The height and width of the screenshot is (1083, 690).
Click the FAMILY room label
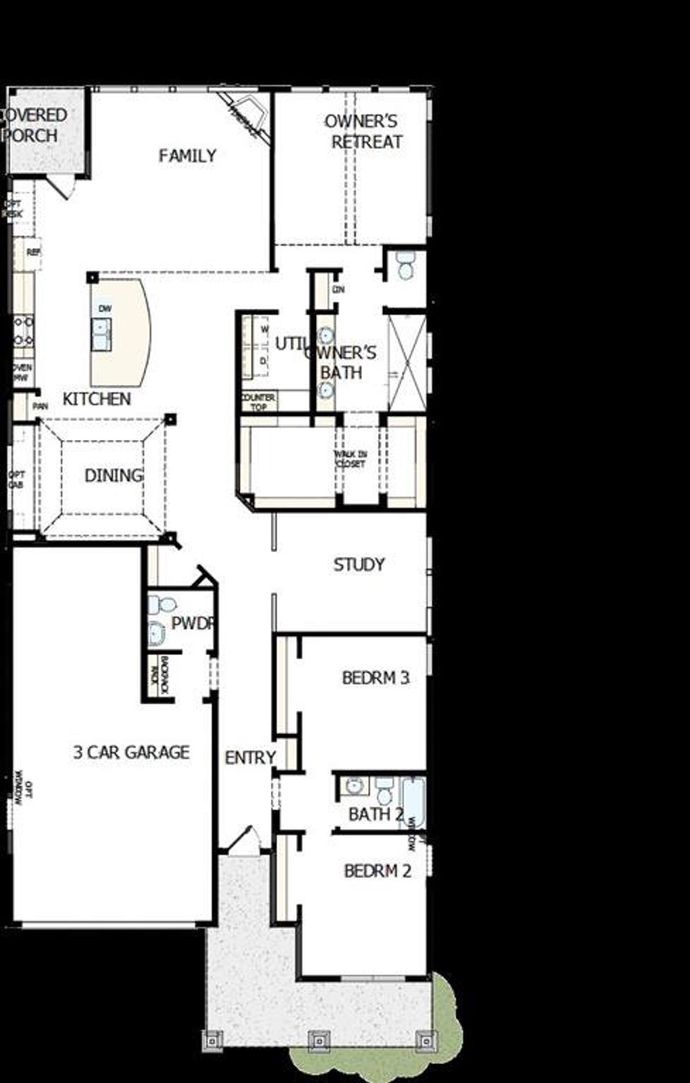pos(187,156)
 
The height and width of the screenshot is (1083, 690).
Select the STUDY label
pos(359,565)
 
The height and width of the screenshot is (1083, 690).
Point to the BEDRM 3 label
pos(375,677)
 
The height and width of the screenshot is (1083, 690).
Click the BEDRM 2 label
pos(377,871)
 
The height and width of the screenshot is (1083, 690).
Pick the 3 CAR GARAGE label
pos(132,752)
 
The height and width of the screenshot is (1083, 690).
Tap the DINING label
pos(114,475)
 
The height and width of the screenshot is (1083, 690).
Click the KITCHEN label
pos(96,399)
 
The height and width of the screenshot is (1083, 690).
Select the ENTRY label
pos(250,758)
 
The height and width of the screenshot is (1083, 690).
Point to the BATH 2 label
pos(375,814)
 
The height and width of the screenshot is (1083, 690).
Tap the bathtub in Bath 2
pos(413,802)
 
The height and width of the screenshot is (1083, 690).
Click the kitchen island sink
pos(101,334)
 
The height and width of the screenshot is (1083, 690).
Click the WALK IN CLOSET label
pos(350,459)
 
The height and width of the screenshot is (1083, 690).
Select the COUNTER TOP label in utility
pos(258,401)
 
